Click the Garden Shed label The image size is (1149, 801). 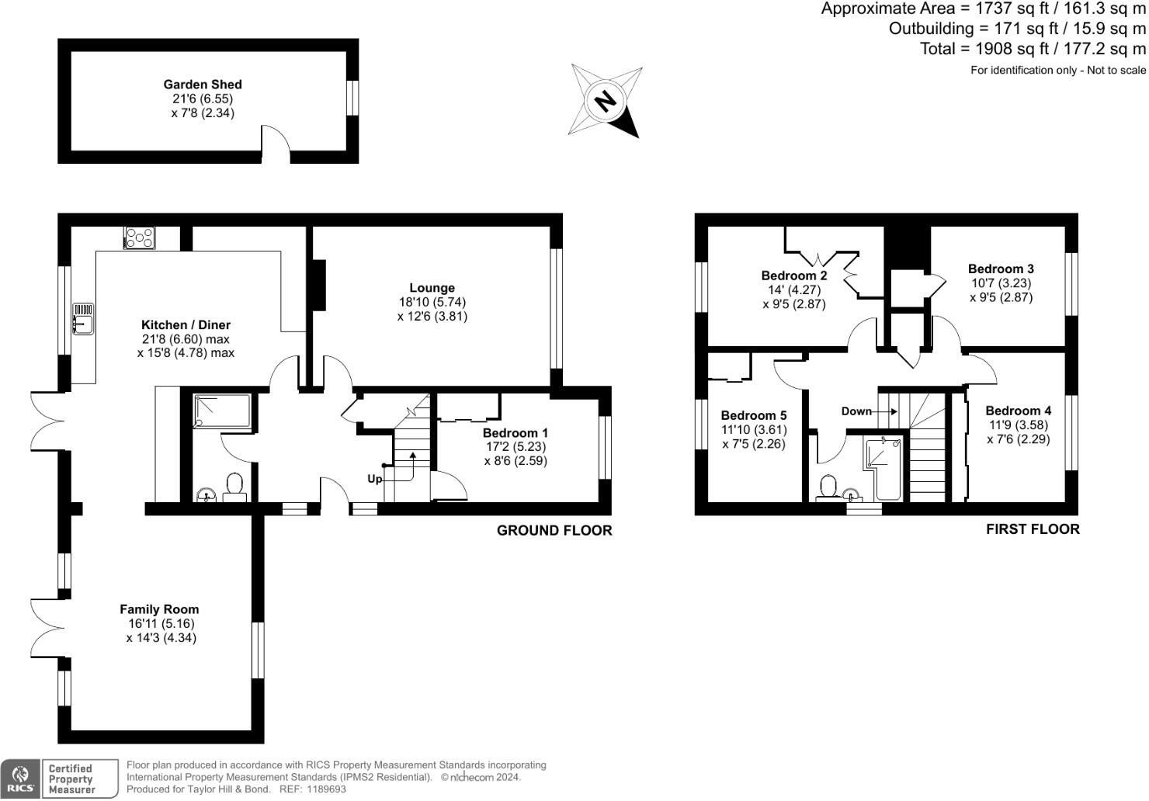[x=202, y=85]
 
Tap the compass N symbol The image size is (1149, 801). [x=606, y=101]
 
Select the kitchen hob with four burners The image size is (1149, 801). [x=140, y=238]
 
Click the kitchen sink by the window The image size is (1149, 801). [x=82, y=319]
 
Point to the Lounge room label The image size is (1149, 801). [x=432, y=288]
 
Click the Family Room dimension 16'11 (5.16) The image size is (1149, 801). [x=161, y=624]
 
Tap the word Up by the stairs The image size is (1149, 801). [x=374, y=479]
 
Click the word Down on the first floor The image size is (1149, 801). [x=856, y=411]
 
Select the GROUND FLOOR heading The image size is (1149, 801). [x=554, y=531]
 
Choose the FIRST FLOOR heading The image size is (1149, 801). [x=1033, y=529]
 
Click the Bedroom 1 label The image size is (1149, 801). [x=515, y=433]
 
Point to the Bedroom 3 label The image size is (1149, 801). [x=1001, y=269]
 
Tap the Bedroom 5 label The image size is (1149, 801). [x=753, y=415]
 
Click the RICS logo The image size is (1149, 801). [x=19, y=778]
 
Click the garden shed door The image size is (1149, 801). [x=276, y=144]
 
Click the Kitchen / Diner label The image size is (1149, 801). [x=186, y=325]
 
